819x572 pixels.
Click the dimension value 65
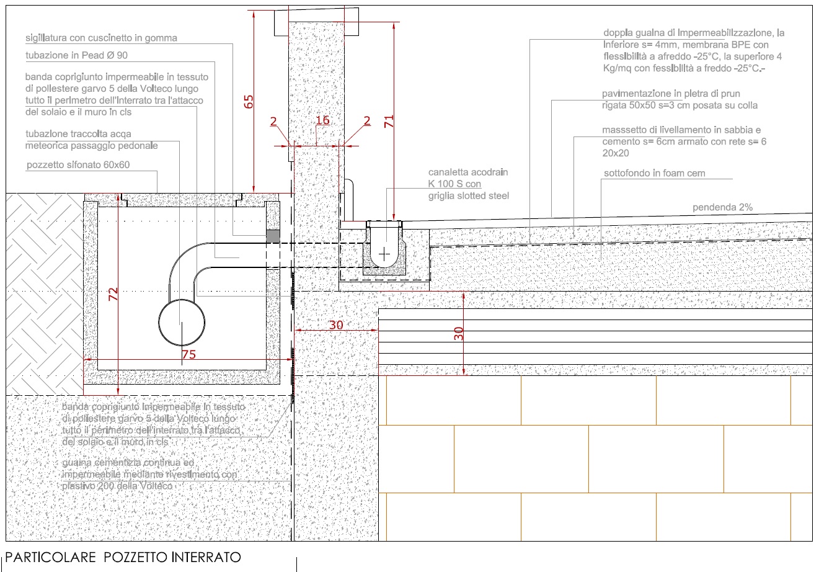coord(249,102)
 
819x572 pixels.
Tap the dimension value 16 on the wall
coord(322,120)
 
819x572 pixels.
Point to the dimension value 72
coord(113,294)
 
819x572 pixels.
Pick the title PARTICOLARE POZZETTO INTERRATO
coord(123,557)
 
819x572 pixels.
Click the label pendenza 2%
coord(722,207)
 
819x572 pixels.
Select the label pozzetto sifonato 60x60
coord(78,166)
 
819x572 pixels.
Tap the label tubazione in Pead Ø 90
coord(76,56)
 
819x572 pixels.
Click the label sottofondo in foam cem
coord(654,173)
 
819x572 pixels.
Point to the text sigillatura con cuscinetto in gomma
coord(101,38)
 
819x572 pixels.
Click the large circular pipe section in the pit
coord(181,322)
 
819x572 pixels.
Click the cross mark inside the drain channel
coord(385,254)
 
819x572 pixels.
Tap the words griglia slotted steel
coord(468,196)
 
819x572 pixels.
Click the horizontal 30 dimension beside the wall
coord(335,324)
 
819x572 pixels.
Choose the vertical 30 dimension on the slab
coord(459,333)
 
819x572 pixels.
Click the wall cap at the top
coord(316,22)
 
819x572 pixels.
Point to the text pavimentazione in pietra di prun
coord(671,94)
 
